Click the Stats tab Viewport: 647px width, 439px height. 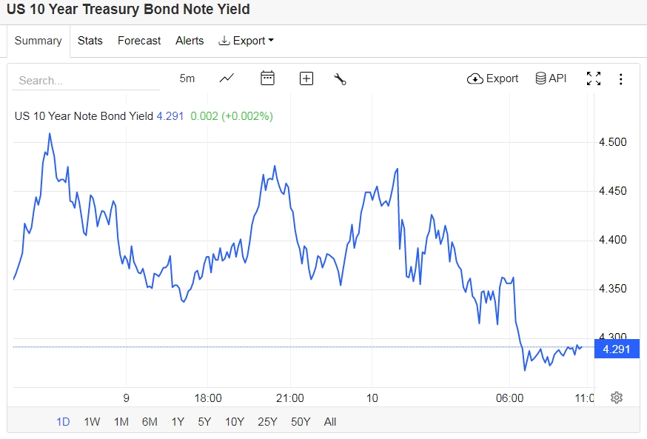point(90,41)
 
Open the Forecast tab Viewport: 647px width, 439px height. point(139,41)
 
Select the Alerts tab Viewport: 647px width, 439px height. point(190,41)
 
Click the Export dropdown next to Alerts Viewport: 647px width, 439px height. point(247,41)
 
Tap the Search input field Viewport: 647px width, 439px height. point(85,80)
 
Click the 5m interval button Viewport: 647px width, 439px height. point(187,78)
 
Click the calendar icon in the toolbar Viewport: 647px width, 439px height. point(267,78)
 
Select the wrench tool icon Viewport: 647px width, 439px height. point(341,79)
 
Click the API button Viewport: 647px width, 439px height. point(551,78)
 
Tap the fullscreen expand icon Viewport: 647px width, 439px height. point(593,78)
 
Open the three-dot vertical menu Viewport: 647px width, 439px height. point(621,79)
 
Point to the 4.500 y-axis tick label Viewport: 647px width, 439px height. point(612,142)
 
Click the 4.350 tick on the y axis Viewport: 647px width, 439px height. point(612,289)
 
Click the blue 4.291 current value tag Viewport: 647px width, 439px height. point(617,349)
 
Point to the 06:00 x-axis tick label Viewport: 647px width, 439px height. point(509,398)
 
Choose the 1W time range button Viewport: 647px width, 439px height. point(92,422)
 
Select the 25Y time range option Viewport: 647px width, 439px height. point(267,422)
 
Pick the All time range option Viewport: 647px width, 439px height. point(330,422)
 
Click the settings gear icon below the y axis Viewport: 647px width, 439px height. point(617,398)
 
